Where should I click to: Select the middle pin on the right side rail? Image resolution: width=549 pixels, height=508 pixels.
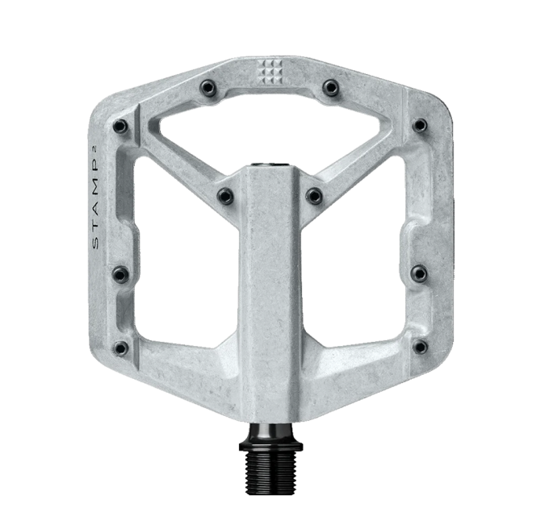(x=421, y=272)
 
